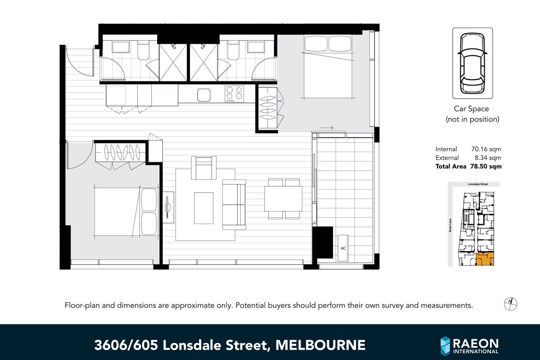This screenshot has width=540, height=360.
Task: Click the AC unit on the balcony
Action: pyautogui.click(x=343, y=248)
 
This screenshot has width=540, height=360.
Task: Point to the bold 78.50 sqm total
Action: pyautogui.click(x=486, y=166)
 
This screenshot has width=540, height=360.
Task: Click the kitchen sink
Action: pyautogui.click(x=204, y=95)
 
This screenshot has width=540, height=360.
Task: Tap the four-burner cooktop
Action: pyautogui.click(x=234, y=94)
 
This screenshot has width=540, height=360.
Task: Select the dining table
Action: pyautogui.click(x=283, y=198)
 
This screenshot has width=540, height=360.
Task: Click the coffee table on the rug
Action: pyautogui.click(x=204, y=207)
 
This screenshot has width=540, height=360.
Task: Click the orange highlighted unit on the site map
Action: pyautogui.click(x=486, y=259)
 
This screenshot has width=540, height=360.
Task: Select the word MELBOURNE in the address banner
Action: pyautogui.click(x=320, y=345)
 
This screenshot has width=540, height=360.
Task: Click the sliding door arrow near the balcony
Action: pyautogui.click(x=328, y=128)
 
